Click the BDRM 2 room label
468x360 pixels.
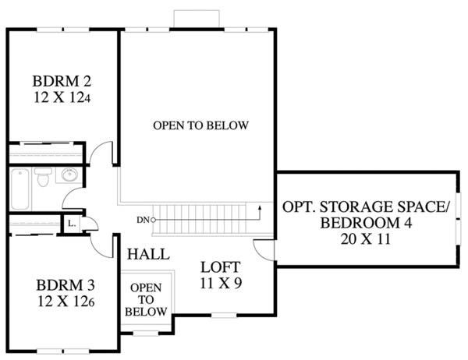(x=62, y=81)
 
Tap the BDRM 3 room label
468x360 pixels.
(x=66, y=285)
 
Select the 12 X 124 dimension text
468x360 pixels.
(x=62, y=97)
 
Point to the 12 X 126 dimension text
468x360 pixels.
(x=66, y=302)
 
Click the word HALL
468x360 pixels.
(x=148, y=255)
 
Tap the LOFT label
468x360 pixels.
(x=221, y=267)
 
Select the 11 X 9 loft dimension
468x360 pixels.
(x=221, y=283)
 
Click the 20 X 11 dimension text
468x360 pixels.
(x=366, y=239)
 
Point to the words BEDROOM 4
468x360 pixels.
(x=366, y=223)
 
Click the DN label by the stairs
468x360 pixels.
(x=143, y=220)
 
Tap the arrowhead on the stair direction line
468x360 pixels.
(x=260, y=207)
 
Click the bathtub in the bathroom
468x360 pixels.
(x=20, y=189)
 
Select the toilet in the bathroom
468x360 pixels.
(x=43, y=177)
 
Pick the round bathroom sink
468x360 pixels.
(x=69, y=175)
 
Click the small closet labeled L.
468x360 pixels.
(x=71, y=223)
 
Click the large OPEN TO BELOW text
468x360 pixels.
(x=200, y=125)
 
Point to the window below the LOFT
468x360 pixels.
(x=224, y=315)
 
